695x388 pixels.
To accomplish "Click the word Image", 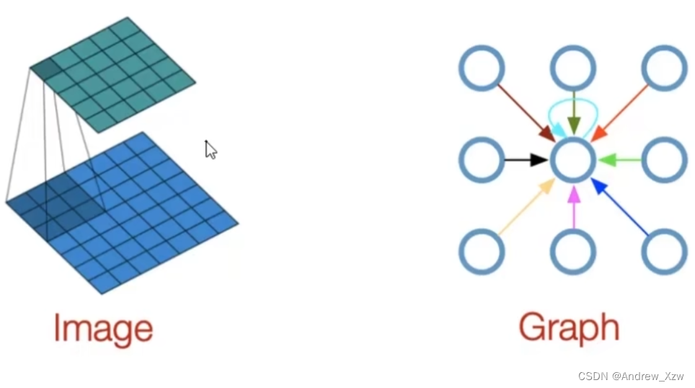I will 103,329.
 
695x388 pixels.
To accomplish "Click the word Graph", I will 569,328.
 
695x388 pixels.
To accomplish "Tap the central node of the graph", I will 573,159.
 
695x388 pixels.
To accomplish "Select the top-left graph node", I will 481,69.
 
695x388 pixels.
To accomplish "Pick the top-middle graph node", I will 573,69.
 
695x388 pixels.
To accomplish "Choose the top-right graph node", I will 664,69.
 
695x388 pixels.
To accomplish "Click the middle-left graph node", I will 481,159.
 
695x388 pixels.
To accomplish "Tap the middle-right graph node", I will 664,159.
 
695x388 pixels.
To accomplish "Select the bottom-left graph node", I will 481,252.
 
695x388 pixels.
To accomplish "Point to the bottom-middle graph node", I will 573,252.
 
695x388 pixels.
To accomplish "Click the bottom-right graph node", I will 664,252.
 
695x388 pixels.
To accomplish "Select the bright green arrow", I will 619,159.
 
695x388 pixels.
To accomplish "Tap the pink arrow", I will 573,206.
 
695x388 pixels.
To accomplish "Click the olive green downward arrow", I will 573,113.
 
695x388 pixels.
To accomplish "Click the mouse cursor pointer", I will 210,149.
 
